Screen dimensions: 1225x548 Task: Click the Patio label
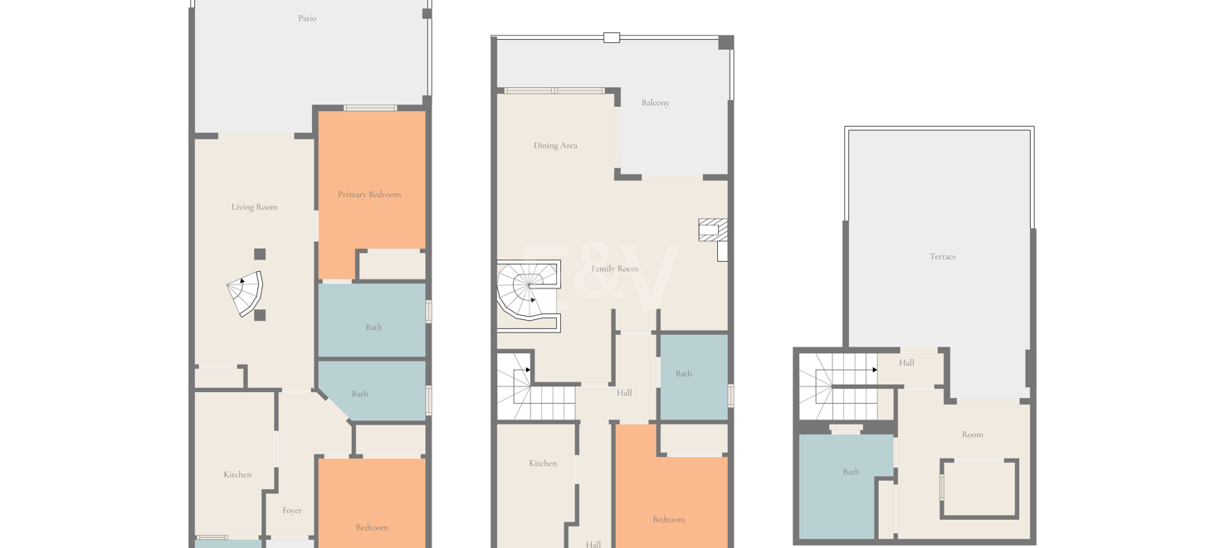tap(307, 18)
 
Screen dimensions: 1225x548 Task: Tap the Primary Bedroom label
tap(369, 195)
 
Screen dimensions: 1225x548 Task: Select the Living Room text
tap(254, 207)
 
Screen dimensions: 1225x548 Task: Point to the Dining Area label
tap(555, 145)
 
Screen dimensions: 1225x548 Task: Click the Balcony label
tap(655, 103)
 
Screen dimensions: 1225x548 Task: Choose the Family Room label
tap(615, 269)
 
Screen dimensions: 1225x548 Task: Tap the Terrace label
tap(943, 256)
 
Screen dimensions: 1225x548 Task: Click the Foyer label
tap(291, 511)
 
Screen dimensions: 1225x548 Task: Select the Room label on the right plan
tap(973, 434)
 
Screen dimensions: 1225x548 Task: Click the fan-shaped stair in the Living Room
tap(246, 293)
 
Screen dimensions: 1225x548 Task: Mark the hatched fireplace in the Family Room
tap(713, 230)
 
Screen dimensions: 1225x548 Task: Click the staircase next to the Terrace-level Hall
tap(837, 386)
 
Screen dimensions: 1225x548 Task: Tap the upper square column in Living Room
tap(260, 254)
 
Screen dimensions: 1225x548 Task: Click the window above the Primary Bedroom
tap(370, 108)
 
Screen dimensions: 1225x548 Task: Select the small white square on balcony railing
tap(612, 37)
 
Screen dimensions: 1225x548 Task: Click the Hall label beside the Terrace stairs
tap(906, 363)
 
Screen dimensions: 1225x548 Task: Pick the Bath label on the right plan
tap(851, 472)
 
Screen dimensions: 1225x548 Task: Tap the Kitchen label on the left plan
tap(237, 475)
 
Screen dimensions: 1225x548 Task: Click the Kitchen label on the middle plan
tap(543, 463)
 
